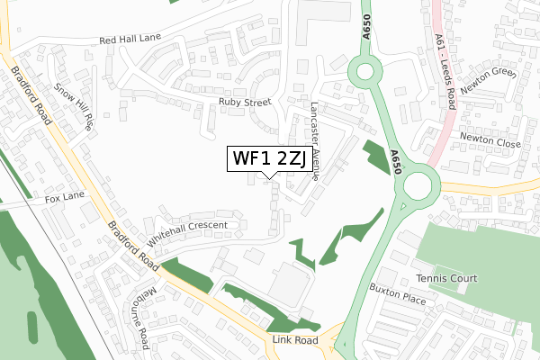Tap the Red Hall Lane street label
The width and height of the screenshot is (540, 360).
[x=131, y=40]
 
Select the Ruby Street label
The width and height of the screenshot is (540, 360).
[x=244, y=103]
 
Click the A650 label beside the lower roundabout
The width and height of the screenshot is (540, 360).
[x=395, y=162]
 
